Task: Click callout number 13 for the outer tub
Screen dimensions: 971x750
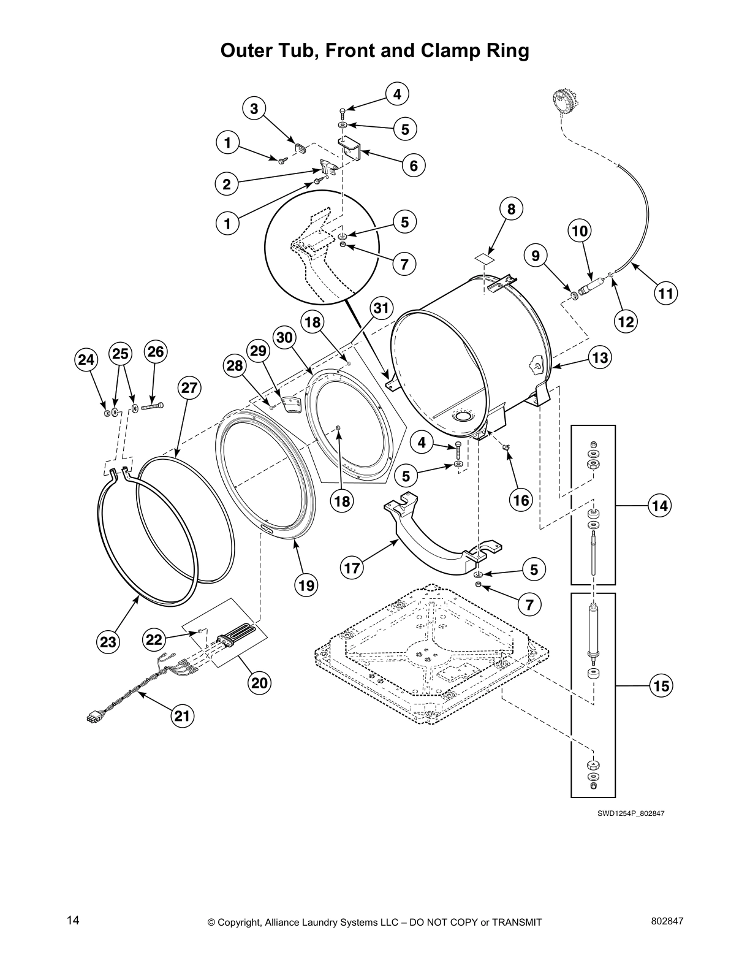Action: (600, 357)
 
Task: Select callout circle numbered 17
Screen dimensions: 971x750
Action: (352, 568)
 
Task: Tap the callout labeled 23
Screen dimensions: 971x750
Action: (108, 642)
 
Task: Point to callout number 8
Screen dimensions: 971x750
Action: (511, 208)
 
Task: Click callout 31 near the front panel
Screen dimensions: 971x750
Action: (381, 308)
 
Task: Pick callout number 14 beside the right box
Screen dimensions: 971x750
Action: (659, 506)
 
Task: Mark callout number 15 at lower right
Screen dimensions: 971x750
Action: (661, 686)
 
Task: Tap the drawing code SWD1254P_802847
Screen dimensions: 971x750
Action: (631, 813)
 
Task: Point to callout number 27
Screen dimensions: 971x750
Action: (189, 387)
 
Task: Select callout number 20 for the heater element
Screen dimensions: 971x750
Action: (260, 682)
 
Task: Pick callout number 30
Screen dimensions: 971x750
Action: (286, 337)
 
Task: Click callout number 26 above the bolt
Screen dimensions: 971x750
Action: (156, 352)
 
